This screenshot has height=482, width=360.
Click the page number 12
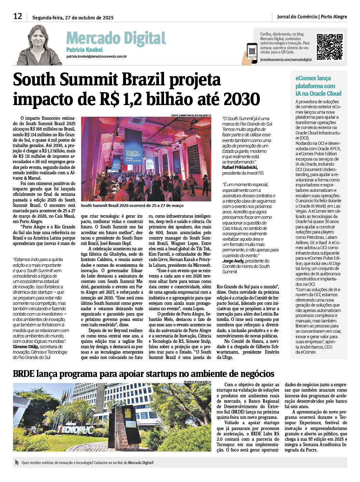tap(18, 16)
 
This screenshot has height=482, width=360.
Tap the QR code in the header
tap(329, 47)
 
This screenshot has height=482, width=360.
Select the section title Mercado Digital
tap(116, 38)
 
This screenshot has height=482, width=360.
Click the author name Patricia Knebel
tap(84, 50)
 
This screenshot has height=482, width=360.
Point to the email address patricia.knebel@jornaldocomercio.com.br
tap(96, 57)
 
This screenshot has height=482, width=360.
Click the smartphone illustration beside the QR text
tap(252, 53)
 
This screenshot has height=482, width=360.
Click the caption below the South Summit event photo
tap(132, 205)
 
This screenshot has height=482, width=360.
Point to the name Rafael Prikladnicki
tap(240, 167)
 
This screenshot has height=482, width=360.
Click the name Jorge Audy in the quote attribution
tap(233, 261)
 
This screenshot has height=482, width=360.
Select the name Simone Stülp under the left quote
tap(25, 347)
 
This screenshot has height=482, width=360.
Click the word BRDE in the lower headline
tap(24, 374)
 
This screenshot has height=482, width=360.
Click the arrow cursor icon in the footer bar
tap(17, 462)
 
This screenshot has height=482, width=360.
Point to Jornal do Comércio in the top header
tap(297, 16)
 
